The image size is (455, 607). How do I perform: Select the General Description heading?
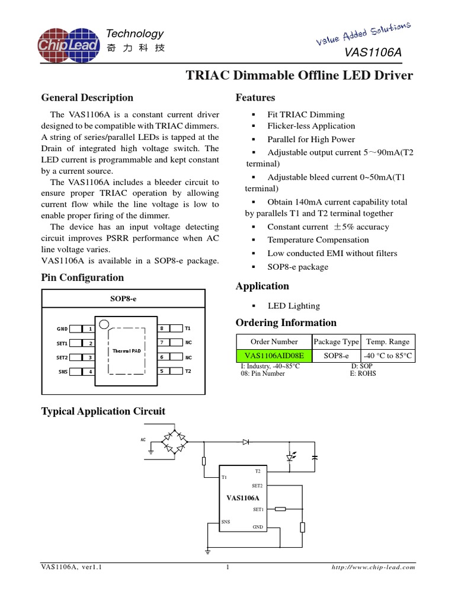click(x=86, y=98)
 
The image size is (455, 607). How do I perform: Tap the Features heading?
click(x=255, y=98)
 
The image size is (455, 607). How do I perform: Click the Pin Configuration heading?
click(x=82, y=277)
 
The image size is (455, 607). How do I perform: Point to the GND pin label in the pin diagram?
click(x=62, y=328)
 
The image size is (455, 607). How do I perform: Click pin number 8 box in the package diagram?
click(x=162, y=328)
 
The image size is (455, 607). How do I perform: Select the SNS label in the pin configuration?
click(x=62, y=372)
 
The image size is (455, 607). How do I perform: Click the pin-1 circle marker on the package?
click(x=104, y=324)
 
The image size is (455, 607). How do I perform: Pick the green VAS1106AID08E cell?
click(x=274, y=356)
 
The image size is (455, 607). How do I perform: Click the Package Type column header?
click(x=336, y=341)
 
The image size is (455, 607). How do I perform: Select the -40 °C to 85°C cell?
click(x=387, y=356)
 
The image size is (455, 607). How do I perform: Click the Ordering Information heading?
click(x=286, y=323)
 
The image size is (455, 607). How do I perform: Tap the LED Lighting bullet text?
click(x=293, y=306)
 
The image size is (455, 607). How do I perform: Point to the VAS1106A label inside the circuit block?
click(x=243, y=498)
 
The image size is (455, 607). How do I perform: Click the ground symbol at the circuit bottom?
click(x=207, y=552)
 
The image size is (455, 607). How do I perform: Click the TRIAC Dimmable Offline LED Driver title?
click(x=299, y=76)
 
